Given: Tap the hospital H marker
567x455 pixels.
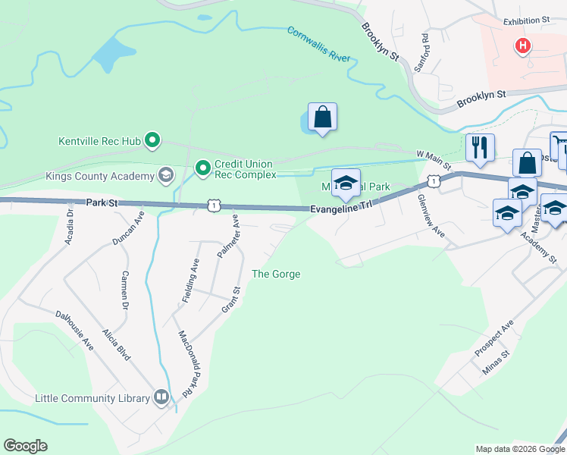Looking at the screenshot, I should tap(522, 46).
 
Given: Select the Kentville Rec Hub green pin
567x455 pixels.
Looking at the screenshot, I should tap(152, 140).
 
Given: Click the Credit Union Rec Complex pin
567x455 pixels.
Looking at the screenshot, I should tap(202, 168).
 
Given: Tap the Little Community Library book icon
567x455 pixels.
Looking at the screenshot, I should tap(161, 397).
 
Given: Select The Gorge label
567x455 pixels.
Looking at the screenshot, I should tap(276, 274).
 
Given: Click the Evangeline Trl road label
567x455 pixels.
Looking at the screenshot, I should tap(341, 209).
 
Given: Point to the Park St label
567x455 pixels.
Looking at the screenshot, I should tap(103, 203).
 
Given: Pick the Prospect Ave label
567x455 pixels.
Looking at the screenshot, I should tap(494, 338).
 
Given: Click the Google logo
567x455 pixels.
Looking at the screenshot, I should tap(25, 446).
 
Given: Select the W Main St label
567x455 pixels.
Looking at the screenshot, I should tap(434, 160).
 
